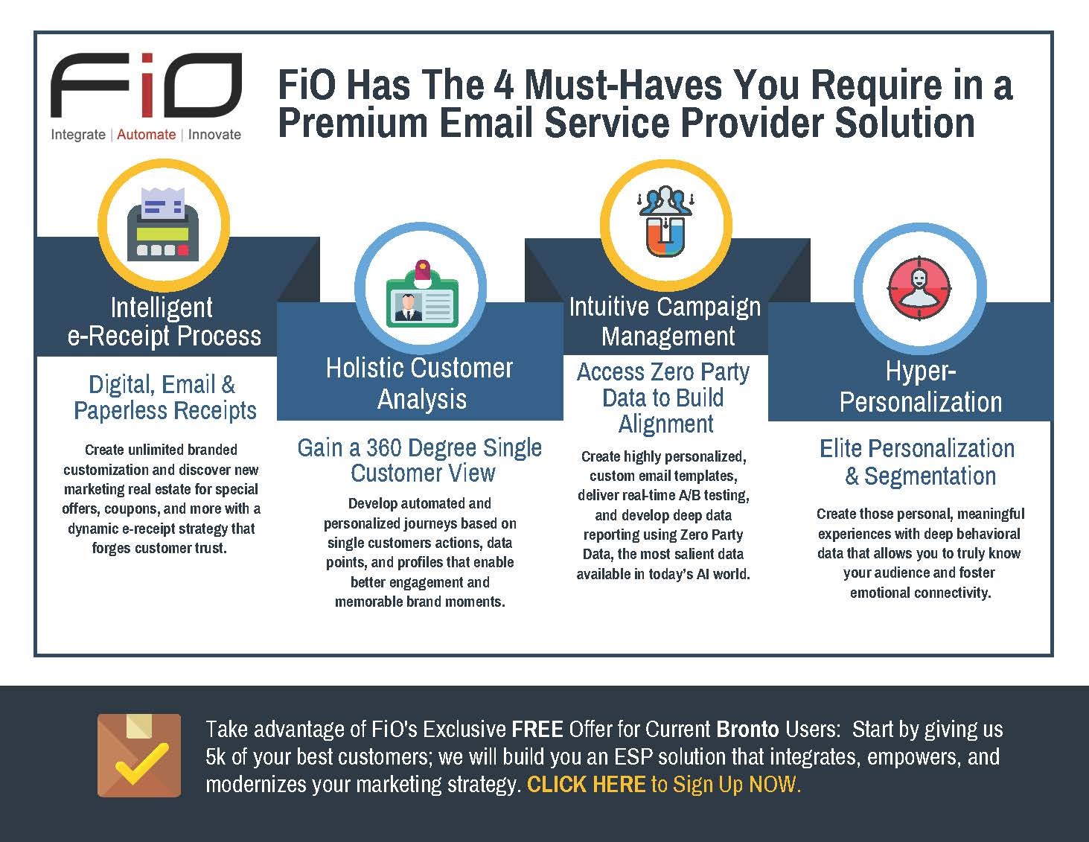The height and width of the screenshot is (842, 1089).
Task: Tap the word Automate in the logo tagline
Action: pyautogui.click(x=147, y=134)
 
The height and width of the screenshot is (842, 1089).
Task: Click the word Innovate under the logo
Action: pyautogui.click(x=214, y=134)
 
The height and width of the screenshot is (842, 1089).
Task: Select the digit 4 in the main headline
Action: pyautogui.click(x=504, y=84)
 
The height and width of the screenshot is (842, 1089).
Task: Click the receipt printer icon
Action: pyautogui.click(x=163, y=224)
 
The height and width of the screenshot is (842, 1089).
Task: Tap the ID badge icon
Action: pyautogui.click(x=422, y=294)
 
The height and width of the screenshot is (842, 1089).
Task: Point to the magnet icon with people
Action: pyautogui.click(x=665, y=221)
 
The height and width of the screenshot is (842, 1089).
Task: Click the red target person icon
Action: pyautogui.click(x=919, y=288)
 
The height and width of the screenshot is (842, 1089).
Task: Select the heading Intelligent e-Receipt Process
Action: pyautogui.click(x=164, y=322)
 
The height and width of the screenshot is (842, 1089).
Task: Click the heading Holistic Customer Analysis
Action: pyautogui.click(x=420, y=383)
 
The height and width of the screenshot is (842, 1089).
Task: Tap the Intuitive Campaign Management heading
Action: pyautogui.click(x=665, y=322)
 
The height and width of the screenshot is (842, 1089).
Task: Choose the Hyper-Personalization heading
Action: pyautogui.click(x=921, y=386)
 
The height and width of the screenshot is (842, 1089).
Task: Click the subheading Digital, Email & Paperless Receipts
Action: pyautogui.click(x=165, y=398)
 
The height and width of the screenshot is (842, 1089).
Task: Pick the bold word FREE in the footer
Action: pyautogui.click(x=537, y=730)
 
